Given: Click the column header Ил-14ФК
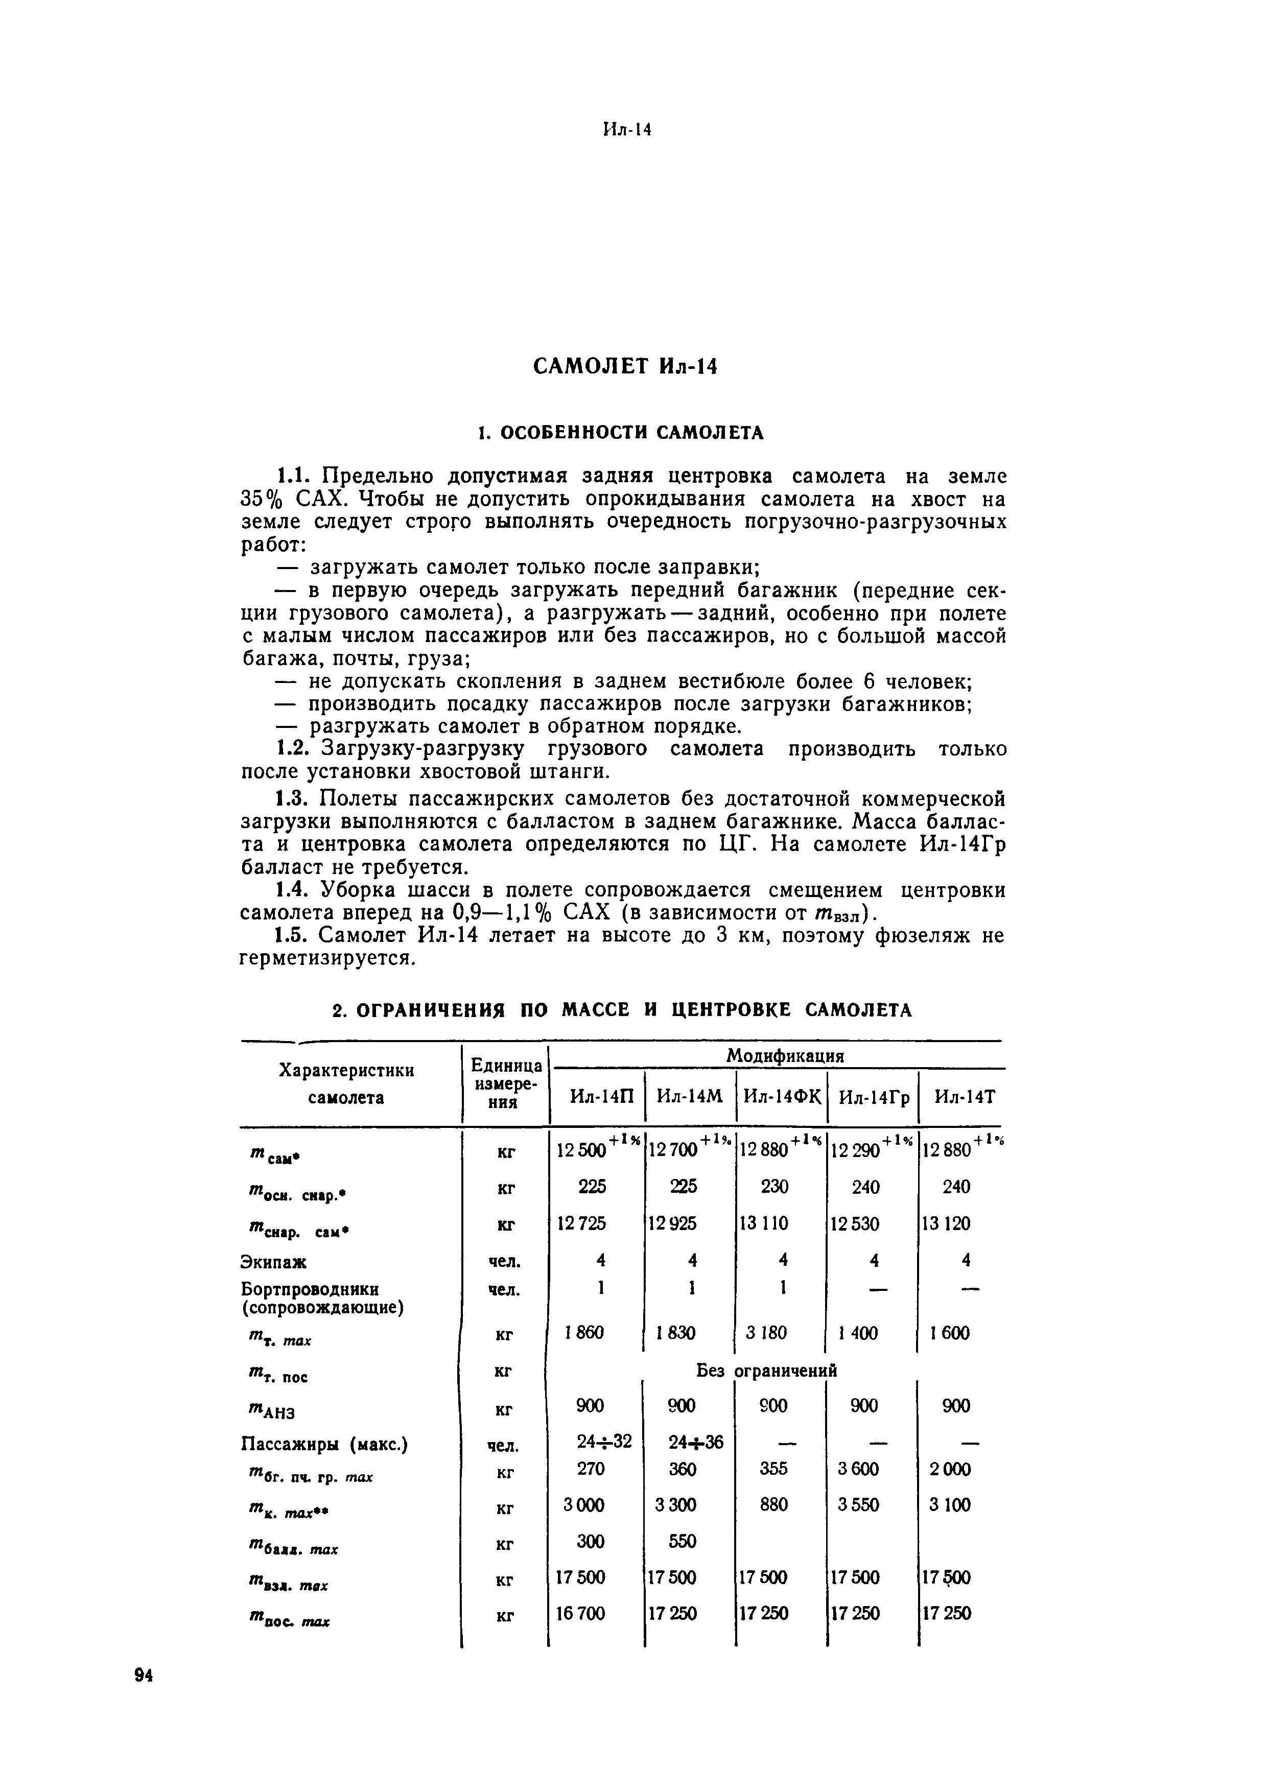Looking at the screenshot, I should click(782, 1097).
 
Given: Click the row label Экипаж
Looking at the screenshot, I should click(274, 1262).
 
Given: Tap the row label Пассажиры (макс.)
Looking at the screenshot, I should click(325, 1445).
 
